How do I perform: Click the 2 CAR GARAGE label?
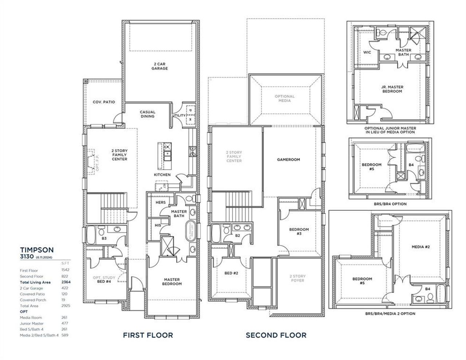[159, 66]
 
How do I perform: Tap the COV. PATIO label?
[103, 102]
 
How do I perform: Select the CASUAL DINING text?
[147, 114]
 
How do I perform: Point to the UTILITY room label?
[179, 115]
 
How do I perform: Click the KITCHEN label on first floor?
[162, 175]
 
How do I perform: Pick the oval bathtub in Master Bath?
[191, 230]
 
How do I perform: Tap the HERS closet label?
[161, 202]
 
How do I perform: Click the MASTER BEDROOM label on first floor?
[172, 281]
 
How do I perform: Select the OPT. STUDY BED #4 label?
[104, 280]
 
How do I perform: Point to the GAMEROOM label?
[288, 159]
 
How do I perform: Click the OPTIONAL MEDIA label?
[284, 98]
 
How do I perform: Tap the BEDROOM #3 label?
[299, 232]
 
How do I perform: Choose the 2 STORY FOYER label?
[297, 278]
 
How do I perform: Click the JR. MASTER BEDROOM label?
[392, 89]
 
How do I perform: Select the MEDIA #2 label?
[421, 247]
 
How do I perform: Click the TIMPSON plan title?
[37, 250]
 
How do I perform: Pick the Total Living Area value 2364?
[66, 282]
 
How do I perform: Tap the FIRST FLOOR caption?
[148, 335]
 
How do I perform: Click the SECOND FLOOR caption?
[276, 335]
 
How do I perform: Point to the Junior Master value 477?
[64, 323]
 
